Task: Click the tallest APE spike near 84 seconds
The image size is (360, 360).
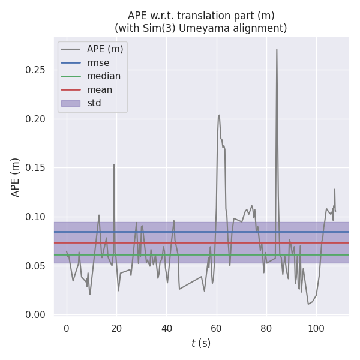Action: pyautogui.click(x=277, y=49)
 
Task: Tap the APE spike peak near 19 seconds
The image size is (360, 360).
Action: pyautogui.click(x=114, y=164)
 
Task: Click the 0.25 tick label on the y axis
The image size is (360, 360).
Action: pyautogui.click(x=35, y=70)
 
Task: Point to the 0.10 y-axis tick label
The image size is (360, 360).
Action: pyautogui.click(x=35, y=217)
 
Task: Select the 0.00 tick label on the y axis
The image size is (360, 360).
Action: pyautogui.click(x=35, y=314)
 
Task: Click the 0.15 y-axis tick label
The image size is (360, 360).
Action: pyautogui.click(x=35, y=167)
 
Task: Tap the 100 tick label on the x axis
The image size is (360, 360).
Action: pyautogui.click(x=316, y=328)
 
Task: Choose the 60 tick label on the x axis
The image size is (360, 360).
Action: pyautogui.click(x=217, y=328)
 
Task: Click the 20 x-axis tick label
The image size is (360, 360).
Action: pyautogui.click(x=116, y=328)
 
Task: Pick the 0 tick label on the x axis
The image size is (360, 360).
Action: pyautogui.click(x=67, y=328)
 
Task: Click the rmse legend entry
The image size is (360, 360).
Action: pyautogui.click(x=98, y=62)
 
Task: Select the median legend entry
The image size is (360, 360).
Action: pyautogui.click(x=103, y=76)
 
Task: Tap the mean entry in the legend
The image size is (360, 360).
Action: pyautogui.click(x=99, y=90)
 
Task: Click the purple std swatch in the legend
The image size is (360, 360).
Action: pyautogui.click(x=71, y=103)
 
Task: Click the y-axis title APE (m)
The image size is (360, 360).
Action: pyautogui.click(x=16, y=177)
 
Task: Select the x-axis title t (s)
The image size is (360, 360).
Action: pyautogui.click(x=201, y=343)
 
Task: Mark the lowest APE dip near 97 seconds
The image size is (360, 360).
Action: pyautogui.click(x=308, y=304)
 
